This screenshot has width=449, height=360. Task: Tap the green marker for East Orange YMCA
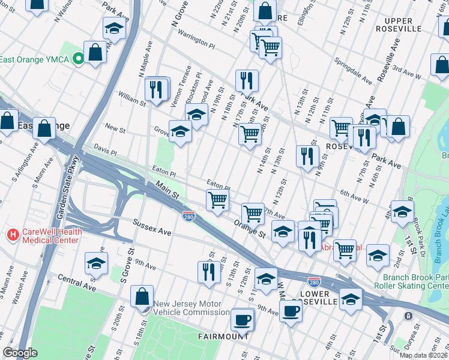(x=77, y=59)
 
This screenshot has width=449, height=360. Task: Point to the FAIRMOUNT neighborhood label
(x=223, y=337)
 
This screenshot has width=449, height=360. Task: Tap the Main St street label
(x=167, y=192)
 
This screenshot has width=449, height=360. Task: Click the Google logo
(x=20, y=353)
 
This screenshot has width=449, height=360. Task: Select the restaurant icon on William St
(x=157, y=90)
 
